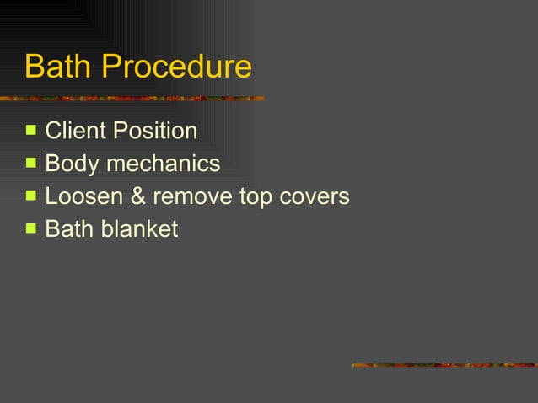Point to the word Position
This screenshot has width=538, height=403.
[155, 132]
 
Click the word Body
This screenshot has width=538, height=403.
[72, 164]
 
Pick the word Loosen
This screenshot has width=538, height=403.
[83, 196]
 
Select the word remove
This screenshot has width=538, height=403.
[191, 196]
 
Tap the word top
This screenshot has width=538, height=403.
[255, 197]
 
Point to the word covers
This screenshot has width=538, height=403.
[314, 196]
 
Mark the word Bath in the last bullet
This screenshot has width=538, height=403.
[69, 228]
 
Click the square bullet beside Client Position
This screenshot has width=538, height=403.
[31, 131]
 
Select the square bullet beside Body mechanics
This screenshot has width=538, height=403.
[31, 163]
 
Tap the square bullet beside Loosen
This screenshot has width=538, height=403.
[31, 196]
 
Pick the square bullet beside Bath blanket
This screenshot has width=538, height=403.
[31, 228]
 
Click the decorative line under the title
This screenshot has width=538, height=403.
[132, 99]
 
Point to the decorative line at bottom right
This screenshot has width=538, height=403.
[444, 365]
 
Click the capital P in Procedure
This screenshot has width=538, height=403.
[110, 67]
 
